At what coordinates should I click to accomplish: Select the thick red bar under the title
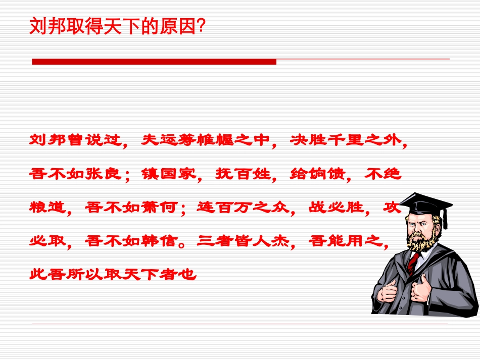pos(154,62)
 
